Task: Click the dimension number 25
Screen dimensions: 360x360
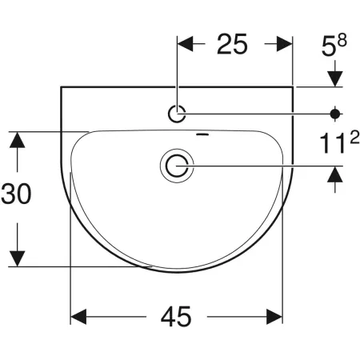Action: (x=232, y=44)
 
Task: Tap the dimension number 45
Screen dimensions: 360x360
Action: (x=176, y=317)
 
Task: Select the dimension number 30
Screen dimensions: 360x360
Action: (x=16, y=194)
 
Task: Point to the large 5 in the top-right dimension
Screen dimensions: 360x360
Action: (x=328, y=46)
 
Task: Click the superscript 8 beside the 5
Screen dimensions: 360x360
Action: (x=342, y=41)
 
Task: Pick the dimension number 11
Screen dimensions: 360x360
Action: (x=334, y=143)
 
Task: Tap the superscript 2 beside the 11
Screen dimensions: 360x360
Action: (x=354, y=138)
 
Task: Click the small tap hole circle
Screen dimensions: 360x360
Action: (x=177, y=114)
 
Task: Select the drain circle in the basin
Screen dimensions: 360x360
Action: (x=177, y=166)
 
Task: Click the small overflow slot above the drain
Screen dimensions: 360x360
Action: (x=202, y=134)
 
